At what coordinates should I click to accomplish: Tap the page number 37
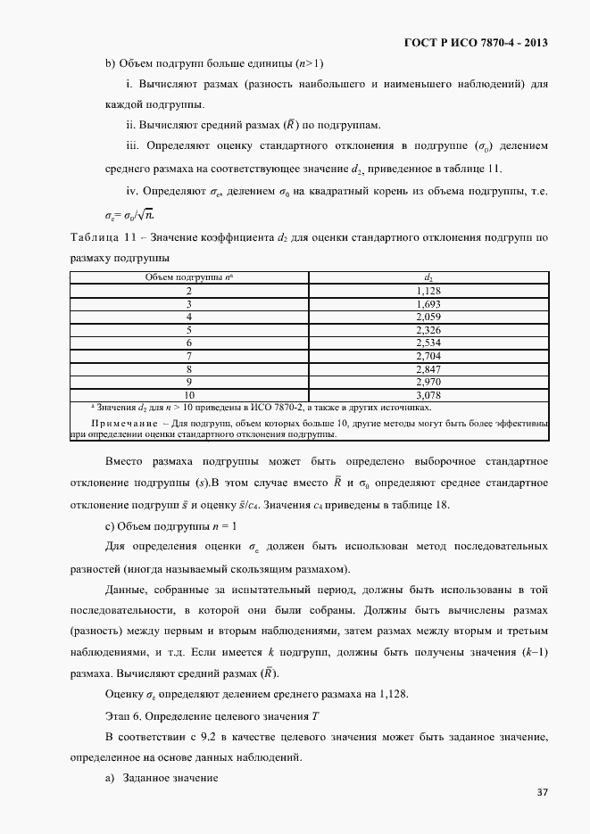(542, 792)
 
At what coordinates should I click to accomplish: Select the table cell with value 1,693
(429, 304)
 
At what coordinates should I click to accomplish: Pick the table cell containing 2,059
(429, 317)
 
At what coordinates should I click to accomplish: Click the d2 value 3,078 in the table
(429, 394)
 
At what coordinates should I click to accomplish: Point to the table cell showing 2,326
(429, 330)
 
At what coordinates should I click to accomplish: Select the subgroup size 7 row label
(189, 356)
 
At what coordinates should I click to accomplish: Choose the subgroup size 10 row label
(189, 394)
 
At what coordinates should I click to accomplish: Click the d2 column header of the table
(429, 277)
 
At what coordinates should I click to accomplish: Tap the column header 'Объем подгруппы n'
(189, 277)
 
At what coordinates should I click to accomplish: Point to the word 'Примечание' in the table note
(124, 422)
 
